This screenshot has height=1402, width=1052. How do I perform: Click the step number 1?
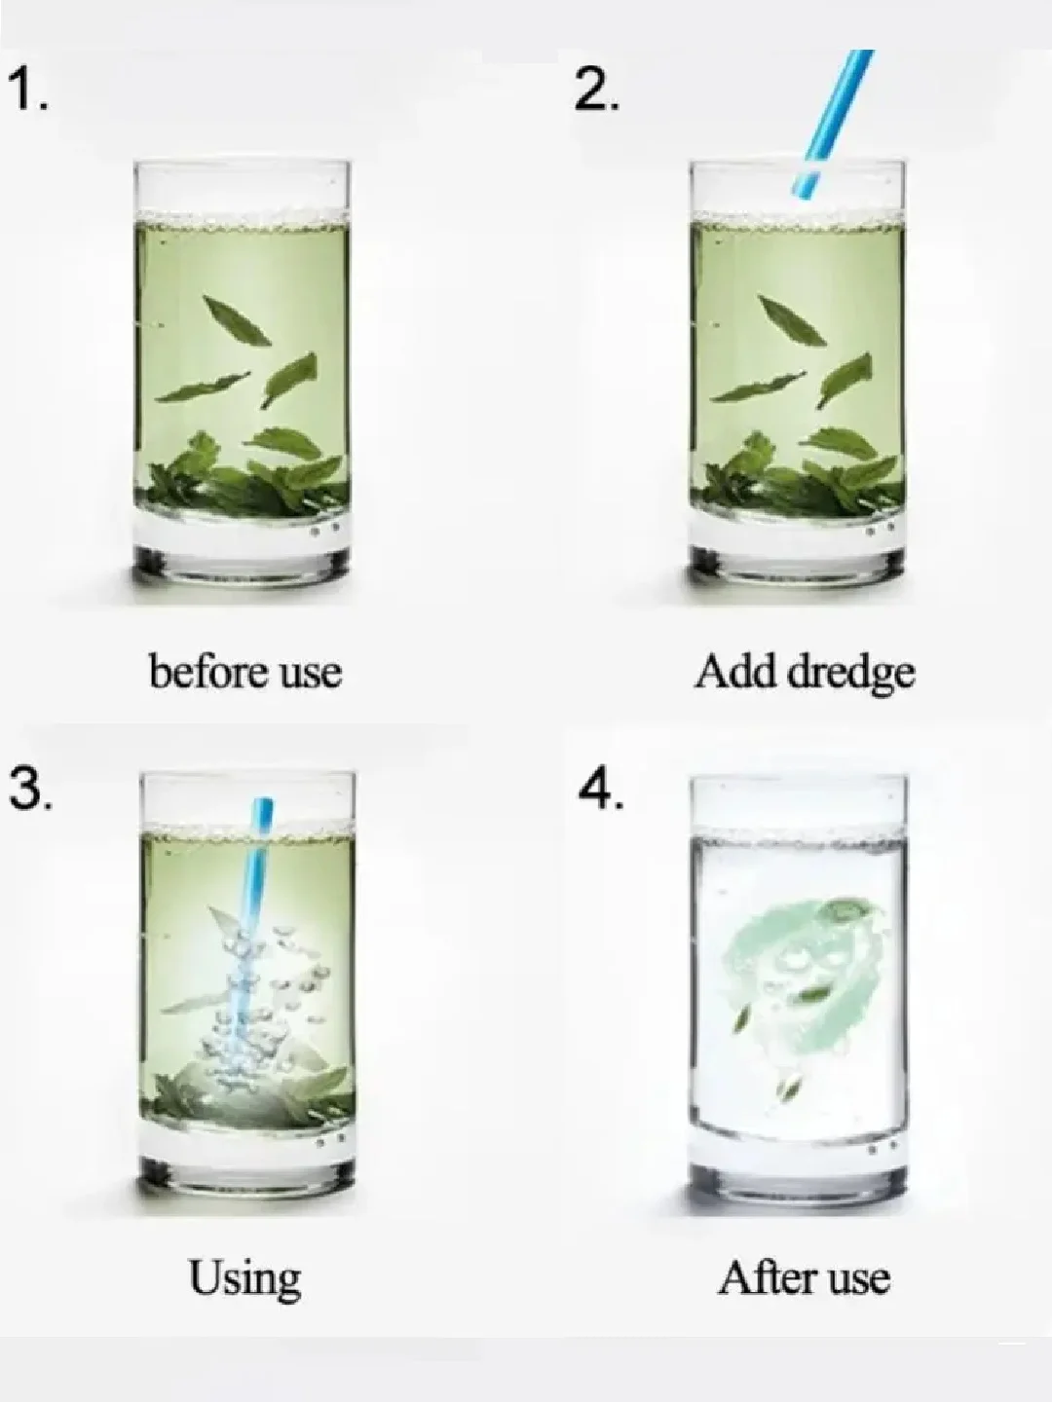(28, 91)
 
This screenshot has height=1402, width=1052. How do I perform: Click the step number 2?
(596, 91)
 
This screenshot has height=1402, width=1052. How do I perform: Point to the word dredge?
(851, 675)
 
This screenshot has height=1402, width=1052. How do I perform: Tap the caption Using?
(244, 1279)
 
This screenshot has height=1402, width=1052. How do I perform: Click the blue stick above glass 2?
(832, 123)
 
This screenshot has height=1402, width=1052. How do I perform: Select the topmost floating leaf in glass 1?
(237, 319)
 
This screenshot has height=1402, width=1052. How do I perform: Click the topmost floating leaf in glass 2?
(791, 319)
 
